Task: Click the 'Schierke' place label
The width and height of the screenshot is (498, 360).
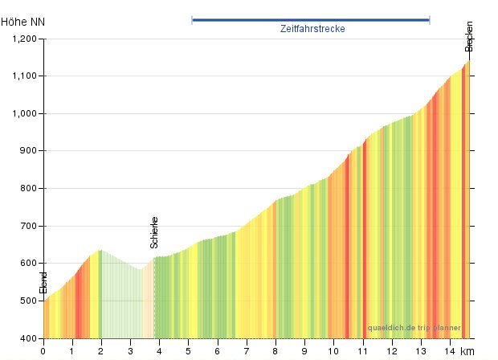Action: click(x=154, y=232)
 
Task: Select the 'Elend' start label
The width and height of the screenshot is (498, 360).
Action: click(x=43, y=283)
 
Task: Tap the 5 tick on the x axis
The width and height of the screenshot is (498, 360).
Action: click(x=188, y=350)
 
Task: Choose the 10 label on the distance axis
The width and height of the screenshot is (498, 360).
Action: click(x=333, y=350)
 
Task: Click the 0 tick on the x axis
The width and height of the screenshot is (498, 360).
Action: click(x=43, y=350)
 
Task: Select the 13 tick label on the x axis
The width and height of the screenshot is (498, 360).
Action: click(x=420, y=350)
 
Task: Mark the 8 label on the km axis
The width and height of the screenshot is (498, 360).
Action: click(x=276, y=350)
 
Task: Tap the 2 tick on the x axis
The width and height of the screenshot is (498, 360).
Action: click(x=101, y=350)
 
